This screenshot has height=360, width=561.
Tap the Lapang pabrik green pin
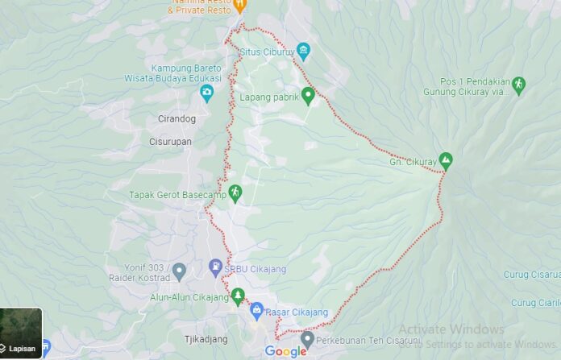(x=307, y=95)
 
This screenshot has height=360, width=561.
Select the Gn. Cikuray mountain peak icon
(x=445, y=159)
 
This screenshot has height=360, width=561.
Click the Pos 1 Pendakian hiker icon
(x=518, y=84)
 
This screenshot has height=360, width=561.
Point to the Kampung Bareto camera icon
(x=207, y=93)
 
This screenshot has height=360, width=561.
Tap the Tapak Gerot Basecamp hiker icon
(x=235, y=192)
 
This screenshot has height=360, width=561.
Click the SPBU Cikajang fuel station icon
(x=215, y=266)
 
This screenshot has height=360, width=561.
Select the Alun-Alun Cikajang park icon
(x=237, y=296)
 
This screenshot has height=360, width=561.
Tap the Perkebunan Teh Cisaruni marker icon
(x=307, y=339)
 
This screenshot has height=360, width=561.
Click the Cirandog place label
(x=179, y=119)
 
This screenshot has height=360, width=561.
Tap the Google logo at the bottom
(x=285, y=351)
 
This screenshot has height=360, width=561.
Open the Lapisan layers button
(x=21, y=333)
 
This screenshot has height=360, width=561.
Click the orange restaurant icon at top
(x=240, y=5)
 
